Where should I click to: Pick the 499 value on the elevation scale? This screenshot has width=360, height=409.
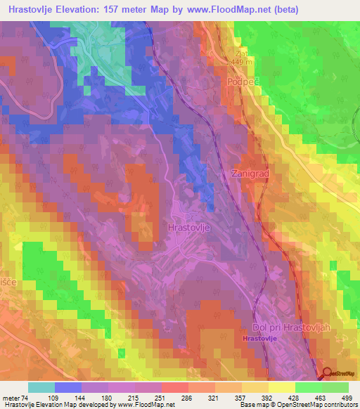coord(348,398)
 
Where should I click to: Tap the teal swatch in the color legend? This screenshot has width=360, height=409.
coord(41,387)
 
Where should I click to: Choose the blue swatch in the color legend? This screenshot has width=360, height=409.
coord(68,387)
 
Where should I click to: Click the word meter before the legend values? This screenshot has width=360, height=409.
coord(12,398)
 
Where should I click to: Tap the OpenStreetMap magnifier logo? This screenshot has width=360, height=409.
coord(328,375)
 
